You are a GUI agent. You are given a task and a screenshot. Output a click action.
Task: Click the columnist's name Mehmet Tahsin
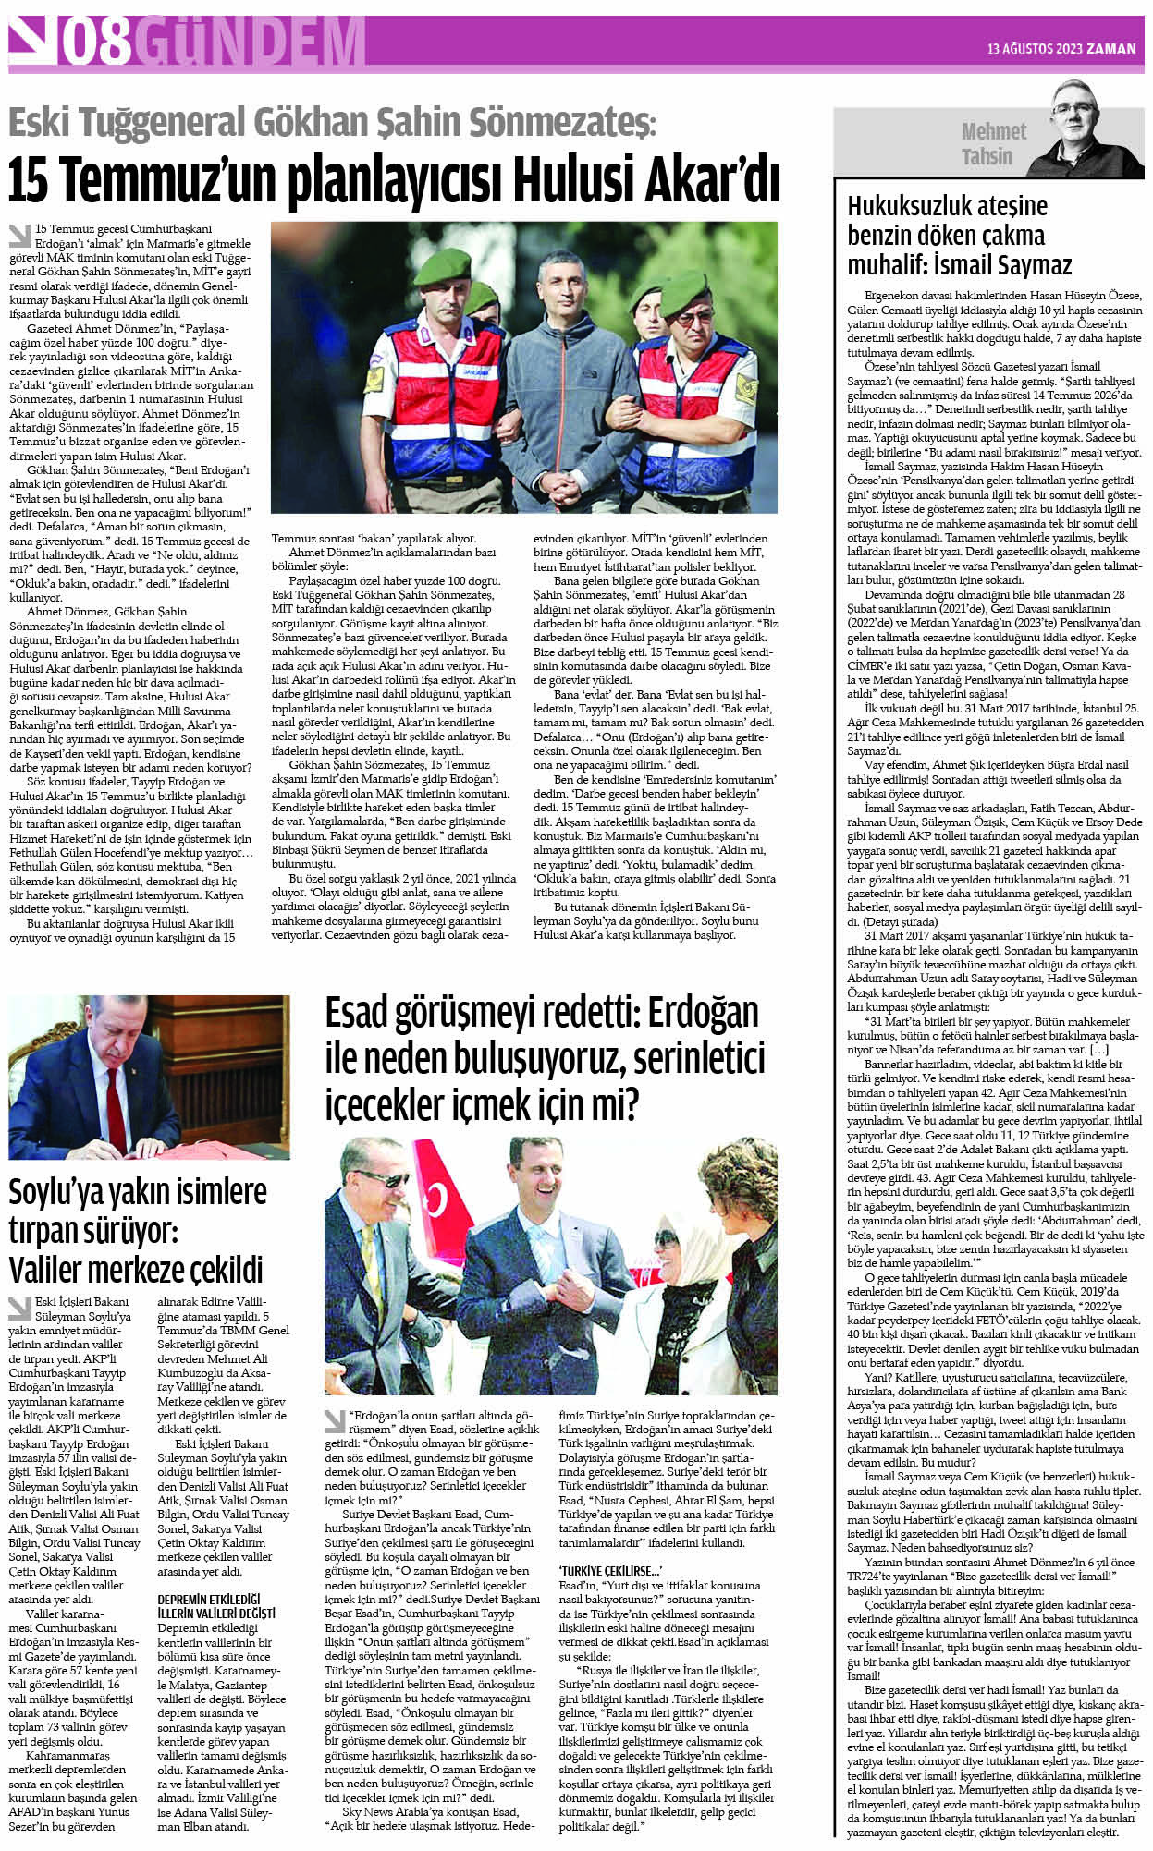point(992,144)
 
